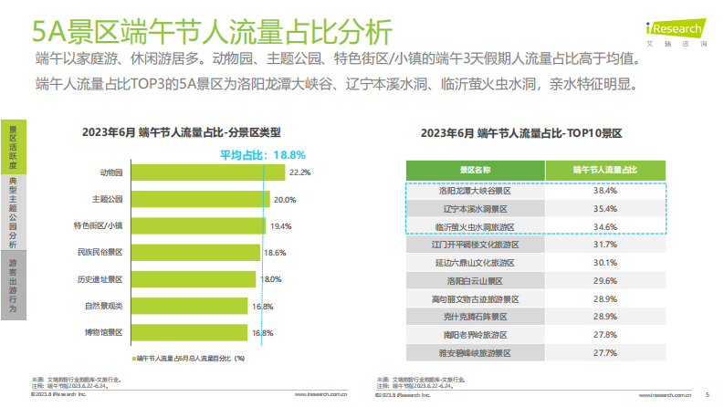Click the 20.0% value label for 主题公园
click(285, 199)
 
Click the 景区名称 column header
click(475, 170)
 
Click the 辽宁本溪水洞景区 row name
click(475, 209)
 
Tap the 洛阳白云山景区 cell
click(475, 280)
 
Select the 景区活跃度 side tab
click(13, 145)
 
